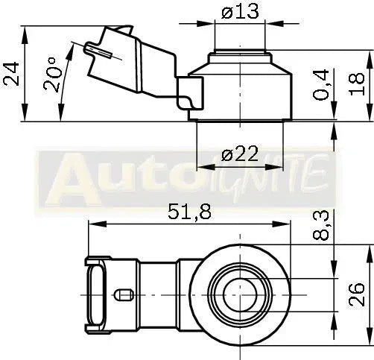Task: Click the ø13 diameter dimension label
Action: [240, 12]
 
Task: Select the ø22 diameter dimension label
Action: [240, 154]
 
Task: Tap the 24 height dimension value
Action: [11, 74]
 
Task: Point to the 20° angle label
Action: [52, 75]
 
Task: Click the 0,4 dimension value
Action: [321, 85]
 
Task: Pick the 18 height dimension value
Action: [357, 84]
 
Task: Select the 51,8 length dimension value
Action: [189, 212]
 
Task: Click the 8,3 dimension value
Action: [321, 226]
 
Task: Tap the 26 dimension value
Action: [357, 294]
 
